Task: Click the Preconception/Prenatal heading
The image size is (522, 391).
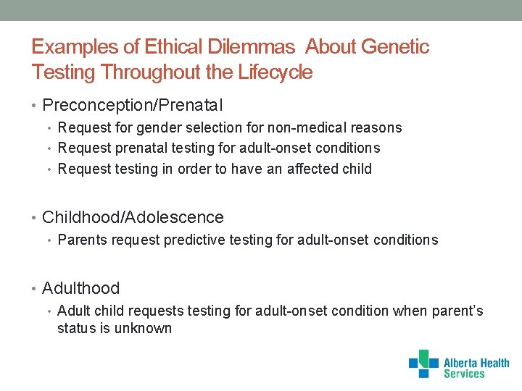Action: point(133,106)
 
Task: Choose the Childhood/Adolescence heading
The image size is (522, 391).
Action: point(133,217)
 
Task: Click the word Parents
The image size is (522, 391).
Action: point(81,240)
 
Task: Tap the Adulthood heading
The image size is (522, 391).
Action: point(80,288)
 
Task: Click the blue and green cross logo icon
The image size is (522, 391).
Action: point(423,363)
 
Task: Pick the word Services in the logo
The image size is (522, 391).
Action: point(464,374)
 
